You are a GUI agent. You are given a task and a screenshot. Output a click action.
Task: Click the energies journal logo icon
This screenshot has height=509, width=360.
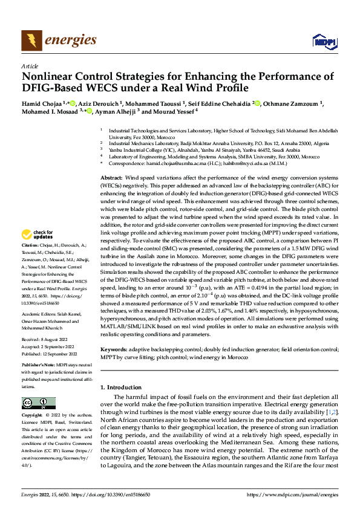[29, 40]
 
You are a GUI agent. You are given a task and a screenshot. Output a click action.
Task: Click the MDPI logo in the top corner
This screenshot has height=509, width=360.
[323, 41]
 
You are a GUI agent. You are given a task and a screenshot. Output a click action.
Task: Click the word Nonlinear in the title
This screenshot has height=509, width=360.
[50, 77]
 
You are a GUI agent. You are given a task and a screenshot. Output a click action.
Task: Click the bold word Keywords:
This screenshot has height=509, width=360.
[114, 349]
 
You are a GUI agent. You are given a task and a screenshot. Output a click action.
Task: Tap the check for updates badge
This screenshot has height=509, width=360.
[38, 235]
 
